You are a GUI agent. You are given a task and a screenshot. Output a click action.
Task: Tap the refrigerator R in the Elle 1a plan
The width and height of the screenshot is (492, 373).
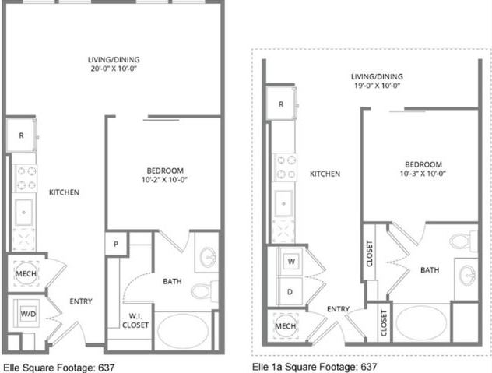280,104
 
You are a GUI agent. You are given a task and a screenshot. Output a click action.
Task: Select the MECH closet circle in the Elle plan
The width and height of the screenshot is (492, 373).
24,273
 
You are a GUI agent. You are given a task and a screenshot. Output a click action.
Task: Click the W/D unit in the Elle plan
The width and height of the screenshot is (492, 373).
26,314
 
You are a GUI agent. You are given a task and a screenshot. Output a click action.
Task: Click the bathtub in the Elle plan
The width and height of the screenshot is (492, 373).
184,329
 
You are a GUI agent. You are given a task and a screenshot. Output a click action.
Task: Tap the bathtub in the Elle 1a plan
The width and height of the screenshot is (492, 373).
422,322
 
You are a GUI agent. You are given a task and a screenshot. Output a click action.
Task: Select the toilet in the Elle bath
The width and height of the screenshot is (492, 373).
203,291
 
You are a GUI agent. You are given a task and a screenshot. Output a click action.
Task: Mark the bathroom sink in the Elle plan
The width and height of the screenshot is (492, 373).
208,256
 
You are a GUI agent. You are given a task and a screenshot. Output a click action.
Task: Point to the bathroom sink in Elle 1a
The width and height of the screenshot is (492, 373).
468,274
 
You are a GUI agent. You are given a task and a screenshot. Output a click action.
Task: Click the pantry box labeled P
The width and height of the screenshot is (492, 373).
116,242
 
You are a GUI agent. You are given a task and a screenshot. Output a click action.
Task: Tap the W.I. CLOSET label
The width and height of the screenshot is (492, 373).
138,320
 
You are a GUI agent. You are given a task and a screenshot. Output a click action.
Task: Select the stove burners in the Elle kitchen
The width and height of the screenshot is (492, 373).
25,178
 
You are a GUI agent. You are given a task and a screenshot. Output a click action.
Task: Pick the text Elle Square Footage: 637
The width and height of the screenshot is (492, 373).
59,366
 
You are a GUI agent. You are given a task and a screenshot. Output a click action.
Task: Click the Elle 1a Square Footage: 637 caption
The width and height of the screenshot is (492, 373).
315,366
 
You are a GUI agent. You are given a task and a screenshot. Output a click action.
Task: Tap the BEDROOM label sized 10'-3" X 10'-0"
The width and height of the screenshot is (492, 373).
423,169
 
